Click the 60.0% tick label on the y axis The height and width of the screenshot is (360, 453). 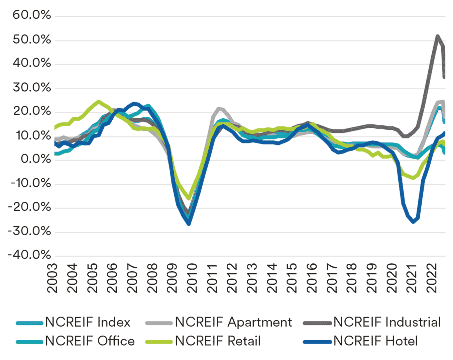coord(32,15)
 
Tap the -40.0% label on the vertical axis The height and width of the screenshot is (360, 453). coord(29,255)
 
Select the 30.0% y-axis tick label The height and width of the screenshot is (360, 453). coord(32,88)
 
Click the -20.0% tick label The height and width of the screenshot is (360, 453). coord(29,207)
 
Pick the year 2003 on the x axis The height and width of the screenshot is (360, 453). coord(52,278)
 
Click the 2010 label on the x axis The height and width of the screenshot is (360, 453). coord(192,278)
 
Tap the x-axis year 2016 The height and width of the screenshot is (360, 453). coord(312,278)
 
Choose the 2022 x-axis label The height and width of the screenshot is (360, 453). coord(432,278)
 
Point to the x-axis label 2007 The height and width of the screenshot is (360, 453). coord(132,278)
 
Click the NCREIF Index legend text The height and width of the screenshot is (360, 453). coord(88,322)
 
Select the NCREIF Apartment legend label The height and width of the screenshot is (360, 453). coord(233,322)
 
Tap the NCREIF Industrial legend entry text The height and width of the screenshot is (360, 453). coord(387,322)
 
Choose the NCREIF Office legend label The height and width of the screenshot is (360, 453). coord(90,341)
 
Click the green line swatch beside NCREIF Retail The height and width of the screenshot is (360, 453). coord(159,342)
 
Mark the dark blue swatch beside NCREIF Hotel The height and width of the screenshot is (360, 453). coord(318,342)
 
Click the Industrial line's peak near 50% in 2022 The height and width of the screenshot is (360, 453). coord(438,36)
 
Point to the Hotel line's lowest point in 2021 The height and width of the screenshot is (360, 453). coord(414,222)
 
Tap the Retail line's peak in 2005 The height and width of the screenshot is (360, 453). coord(98,101)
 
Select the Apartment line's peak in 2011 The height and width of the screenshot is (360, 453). coord(218,108)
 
